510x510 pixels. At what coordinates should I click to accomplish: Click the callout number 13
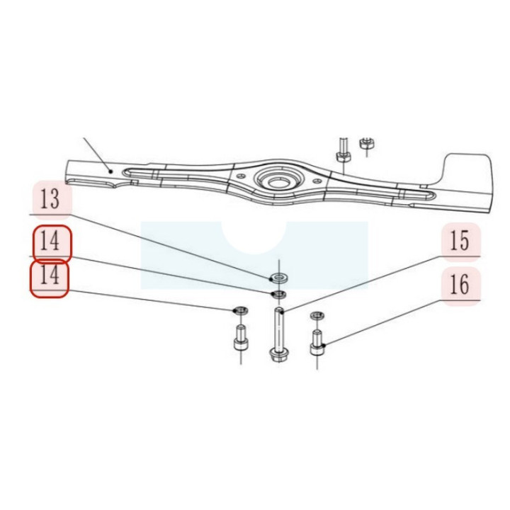[x=50, y=199]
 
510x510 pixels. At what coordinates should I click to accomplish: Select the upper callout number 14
[x=50, y=242]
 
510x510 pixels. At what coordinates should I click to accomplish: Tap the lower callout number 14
[x=50, y=275]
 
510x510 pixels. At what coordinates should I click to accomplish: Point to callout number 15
[x=460, y=241]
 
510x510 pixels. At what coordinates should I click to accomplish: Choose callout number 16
[x=460, y=285]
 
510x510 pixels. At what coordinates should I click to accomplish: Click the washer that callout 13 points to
[x=279, y=278]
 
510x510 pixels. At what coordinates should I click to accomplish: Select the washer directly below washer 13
[x=279, y=295]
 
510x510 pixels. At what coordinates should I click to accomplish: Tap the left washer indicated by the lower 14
[x=241, y=310]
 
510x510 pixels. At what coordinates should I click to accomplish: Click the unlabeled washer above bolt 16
[x=317, y=315]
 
